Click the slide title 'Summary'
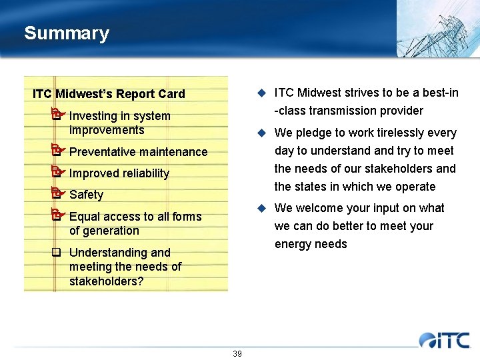tap(66, 33)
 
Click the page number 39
tap(237, 353)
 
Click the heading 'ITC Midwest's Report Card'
tap(109, 94)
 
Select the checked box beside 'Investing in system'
tap(57, 115)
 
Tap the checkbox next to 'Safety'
tap(57, 194)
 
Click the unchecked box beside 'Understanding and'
tap(56, 253)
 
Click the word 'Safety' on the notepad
tap(86, 195)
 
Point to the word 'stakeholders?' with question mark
tap(106, 281)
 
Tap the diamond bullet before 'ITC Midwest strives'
tap(263, 93)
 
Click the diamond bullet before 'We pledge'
tap(263, 133)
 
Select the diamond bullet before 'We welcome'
tap(263, 209)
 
